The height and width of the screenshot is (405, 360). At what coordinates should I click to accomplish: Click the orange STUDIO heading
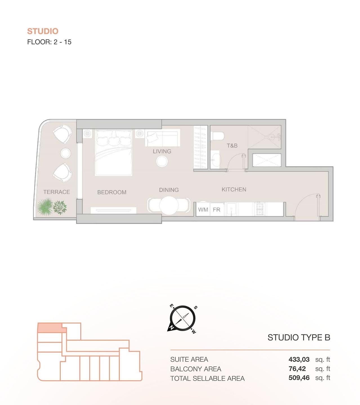click(x=43, y=31)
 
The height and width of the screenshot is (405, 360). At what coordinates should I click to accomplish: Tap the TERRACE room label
click(x=57, y=192)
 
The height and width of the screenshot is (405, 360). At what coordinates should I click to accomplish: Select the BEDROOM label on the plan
click(x=112, y=192)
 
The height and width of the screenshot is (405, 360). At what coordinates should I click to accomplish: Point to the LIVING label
click(x=162, y=151)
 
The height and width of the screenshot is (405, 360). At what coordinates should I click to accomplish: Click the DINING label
click(x=169, y=190)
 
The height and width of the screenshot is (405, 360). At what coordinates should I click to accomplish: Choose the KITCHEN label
click(x=234, y=189)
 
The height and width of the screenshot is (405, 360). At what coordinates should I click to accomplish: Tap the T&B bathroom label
click(x=232, y=145)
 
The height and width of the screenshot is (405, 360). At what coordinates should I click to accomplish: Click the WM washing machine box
click(x=203, y=210)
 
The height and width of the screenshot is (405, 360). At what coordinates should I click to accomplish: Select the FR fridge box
click(x=217, y=210)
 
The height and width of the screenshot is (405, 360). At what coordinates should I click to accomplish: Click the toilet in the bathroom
click(x=218, y=136)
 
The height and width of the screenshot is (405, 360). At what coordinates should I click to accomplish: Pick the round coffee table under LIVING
click(x=162, y=161)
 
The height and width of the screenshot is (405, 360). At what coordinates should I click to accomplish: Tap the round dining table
click(x=169, y=205)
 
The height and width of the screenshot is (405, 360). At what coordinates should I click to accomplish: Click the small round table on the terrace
click(x=65, y=153)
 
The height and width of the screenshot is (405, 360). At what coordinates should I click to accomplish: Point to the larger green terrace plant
click(x=45, y=206)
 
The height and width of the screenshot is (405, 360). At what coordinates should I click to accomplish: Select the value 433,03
click(x=299, y=359)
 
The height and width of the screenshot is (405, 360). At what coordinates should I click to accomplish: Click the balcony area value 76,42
click(x=297, y=369)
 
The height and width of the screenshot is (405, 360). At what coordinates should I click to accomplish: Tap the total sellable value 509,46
click(x=299, y=378)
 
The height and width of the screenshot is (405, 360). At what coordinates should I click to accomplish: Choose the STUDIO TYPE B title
click(x=299, y=337)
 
